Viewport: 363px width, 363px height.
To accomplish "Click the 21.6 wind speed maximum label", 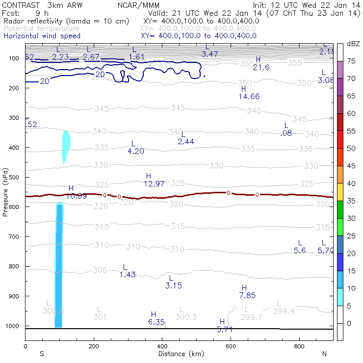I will [x=261, y=67].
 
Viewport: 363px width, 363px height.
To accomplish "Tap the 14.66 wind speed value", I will [x=249, y=96].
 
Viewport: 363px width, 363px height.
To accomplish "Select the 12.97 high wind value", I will [x=154, y=184].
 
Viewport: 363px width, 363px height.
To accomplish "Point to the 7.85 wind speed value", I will [x=247, y=295].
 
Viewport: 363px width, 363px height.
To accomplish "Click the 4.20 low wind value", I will [x=136, y=151].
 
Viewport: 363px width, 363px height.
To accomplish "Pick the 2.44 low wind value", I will [x=186, y=141].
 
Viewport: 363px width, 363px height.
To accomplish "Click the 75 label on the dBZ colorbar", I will [x=351, y=61].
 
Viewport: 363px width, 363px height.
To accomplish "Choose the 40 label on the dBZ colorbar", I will [x=351, y=183].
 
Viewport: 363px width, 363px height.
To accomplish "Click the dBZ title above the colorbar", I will [x=353, y=44].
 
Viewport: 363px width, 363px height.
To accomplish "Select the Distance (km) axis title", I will [x=179, y=354].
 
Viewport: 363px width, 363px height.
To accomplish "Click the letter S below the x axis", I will [x=42, y=354].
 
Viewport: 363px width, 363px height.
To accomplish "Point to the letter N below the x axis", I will [x=324, y=354].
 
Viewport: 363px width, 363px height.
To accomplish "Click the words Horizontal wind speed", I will [x=42, y=36].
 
